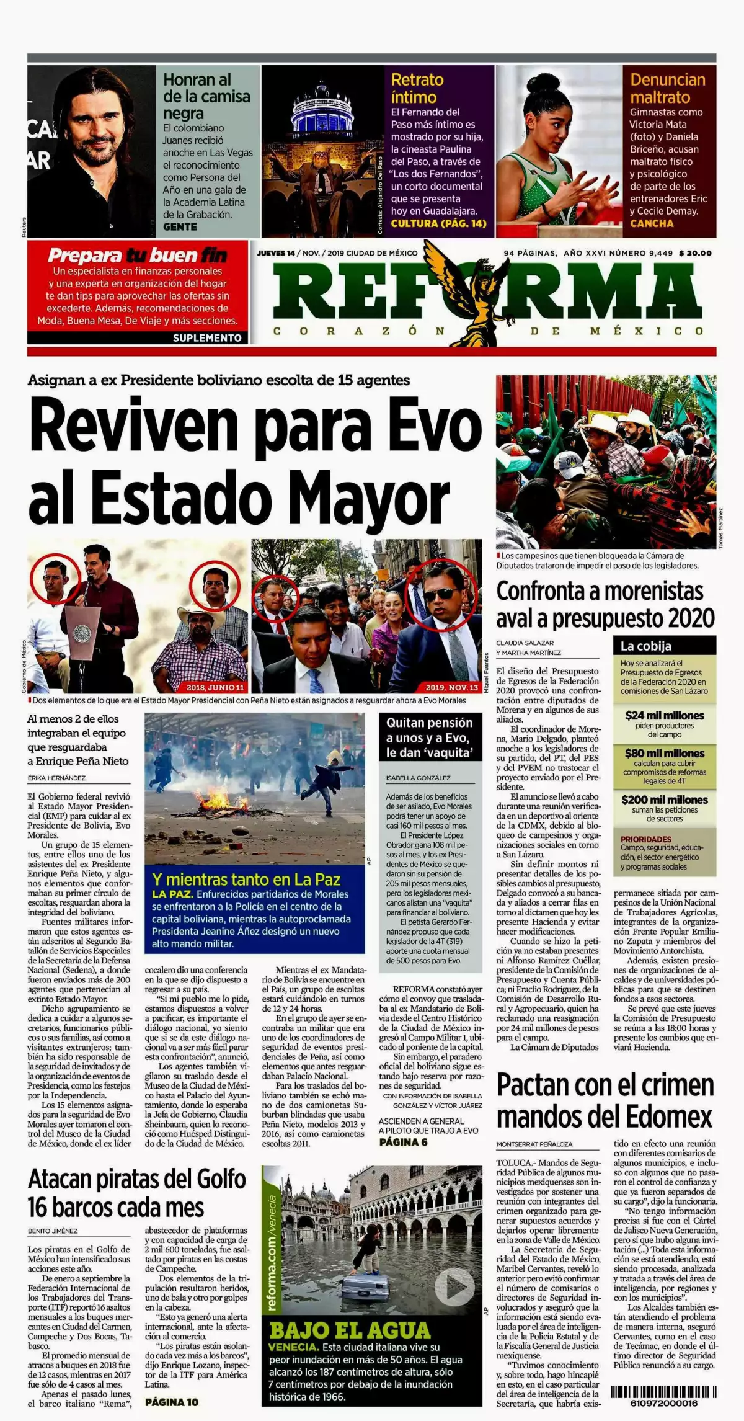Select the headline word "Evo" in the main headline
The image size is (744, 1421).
point(436,428)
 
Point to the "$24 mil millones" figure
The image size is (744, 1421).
point(664,715)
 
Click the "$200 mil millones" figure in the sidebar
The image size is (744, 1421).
point(664,800)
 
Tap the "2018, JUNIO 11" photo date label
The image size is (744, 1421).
point(215,687)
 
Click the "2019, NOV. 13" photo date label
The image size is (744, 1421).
point(452,687)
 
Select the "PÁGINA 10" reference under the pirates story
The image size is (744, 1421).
point(172,1401)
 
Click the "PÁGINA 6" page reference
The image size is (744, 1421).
point(403,1142)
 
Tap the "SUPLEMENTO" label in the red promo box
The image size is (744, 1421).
point(207,338)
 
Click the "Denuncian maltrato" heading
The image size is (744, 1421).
point(667,88)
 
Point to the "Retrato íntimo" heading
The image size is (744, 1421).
point(417,88)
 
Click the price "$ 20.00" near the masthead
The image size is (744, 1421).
point(695,253)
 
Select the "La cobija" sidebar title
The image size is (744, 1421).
point(646,646)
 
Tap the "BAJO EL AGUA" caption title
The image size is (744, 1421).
point(350,1330)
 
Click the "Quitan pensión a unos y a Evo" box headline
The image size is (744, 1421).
point(429,737)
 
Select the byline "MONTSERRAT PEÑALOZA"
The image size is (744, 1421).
point(534,1144)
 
